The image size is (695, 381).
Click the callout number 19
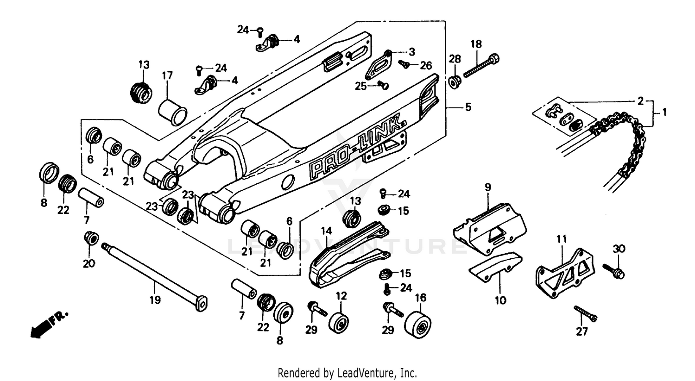click(155, 300)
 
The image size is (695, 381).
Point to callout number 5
click(468, 107)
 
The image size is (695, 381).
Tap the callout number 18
click(476, 44)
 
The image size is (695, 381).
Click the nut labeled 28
click(455, 82)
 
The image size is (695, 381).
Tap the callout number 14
click(326, 230)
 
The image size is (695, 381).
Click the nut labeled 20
click(91, 239)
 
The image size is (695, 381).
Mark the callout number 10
click(500, 301)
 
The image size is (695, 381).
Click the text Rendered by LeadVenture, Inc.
click(347, 372)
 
